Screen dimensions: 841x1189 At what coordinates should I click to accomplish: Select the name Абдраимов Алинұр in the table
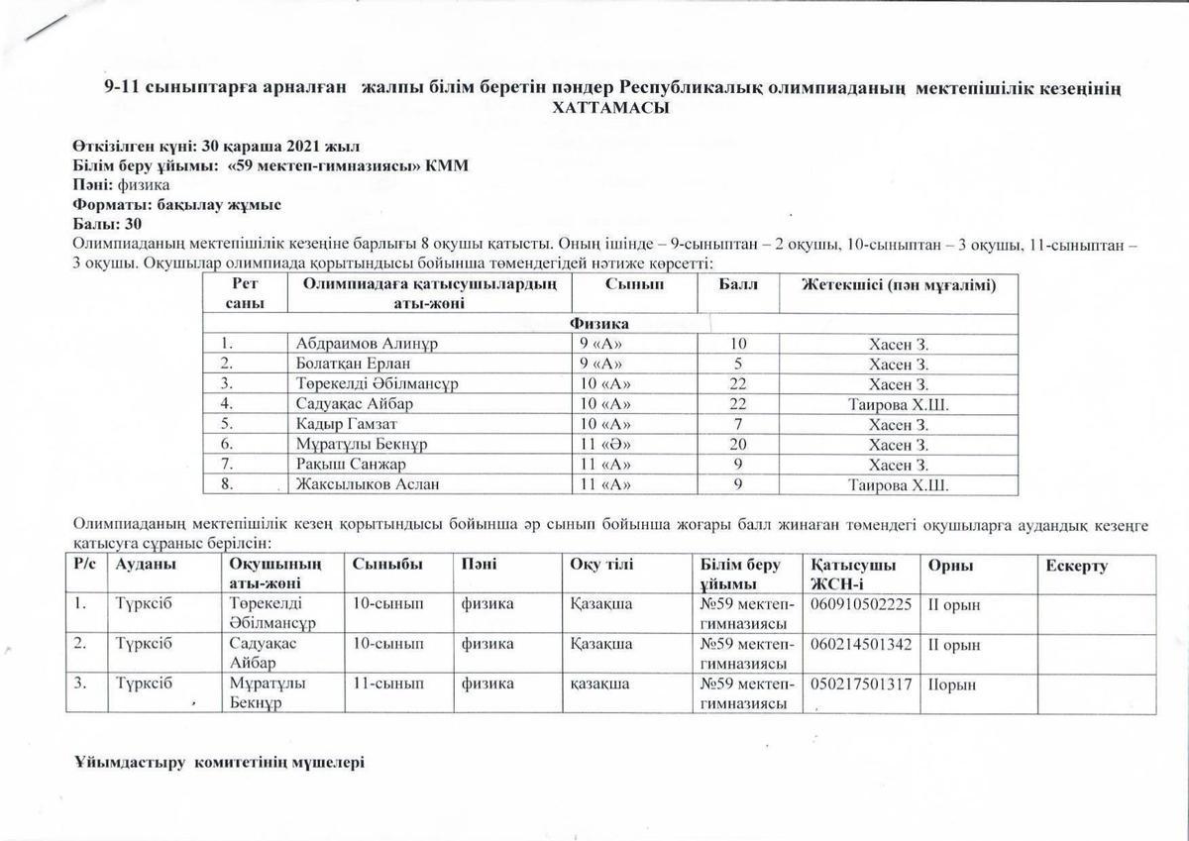point(367,344)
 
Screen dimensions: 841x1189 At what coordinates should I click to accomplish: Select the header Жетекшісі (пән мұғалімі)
point(898,284)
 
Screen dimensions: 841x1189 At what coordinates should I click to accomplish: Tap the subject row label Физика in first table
point(598,324)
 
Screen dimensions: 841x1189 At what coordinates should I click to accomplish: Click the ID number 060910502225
point(860,603)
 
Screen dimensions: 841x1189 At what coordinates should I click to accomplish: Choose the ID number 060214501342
point(860,644)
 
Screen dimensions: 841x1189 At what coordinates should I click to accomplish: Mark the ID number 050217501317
point(860,683)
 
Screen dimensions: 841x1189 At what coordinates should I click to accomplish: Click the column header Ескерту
point(1076,566)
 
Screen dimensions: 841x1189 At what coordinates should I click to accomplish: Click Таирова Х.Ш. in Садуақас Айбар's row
point(898,404)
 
